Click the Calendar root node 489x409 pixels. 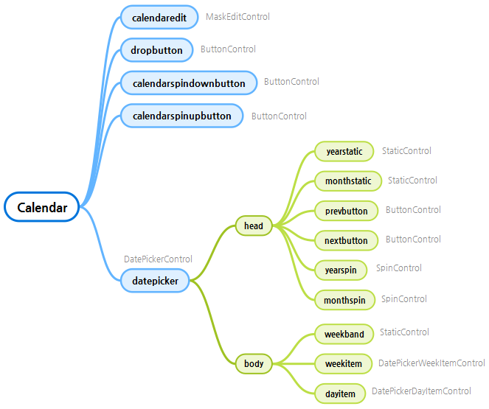pos(42,208)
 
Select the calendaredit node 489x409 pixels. pos(159,17)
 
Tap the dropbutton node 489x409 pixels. pos(156,50)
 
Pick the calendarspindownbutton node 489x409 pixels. pos(189,83)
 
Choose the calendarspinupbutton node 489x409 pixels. pos(181,116)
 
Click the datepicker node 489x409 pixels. pos(155,280)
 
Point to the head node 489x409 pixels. pos(254,226)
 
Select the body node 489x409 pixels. pos(254,363)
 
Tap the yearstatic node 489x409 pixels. pos(344,152)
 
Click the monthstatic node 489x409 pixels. pos(348,181)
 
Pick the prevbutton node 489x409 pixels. pos(346,211)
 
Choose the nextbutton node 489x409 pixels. pos(346,240)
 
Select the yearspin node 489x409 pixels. pos(341,270)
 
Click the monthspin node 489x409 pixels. pos(344,300)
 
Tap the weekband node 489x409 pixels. pos(344,334)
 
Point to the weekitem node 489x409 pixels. pos(343,363)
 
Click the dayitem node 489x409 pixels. pos(340,394)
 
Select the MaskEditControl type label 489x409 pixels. pos(237,16)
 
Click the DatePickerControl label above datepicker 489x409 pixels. pos(158,259)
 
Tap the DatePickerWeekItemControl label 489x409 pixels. pos(431,363)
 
